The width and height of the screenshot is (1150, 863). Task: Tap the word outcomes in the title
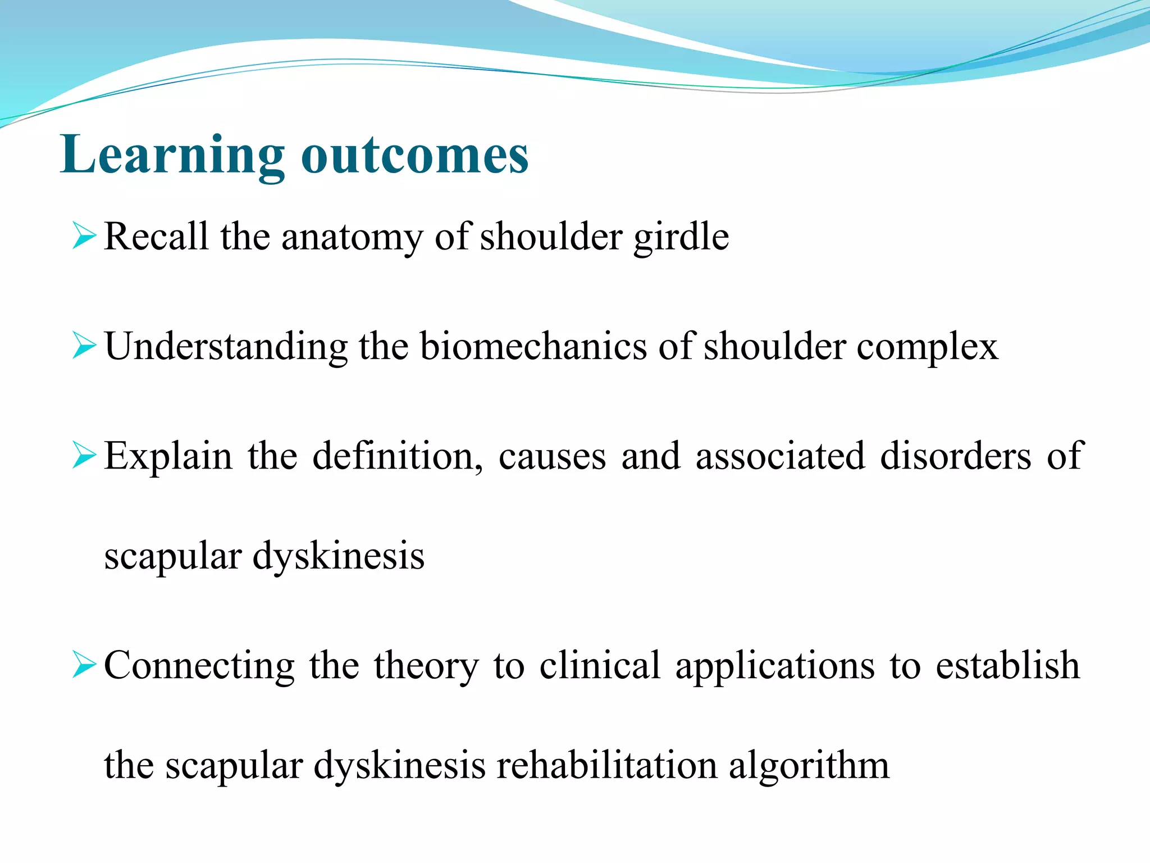click(x=415, y=156)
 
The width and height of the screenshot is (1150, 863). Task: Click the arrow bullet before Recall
click(x=85, y=236)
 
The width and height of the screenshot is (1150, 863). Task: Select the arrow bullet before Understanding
click(x=85, y=346)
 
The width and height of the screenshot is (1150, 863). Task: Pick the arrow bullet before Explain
click(x=85, y=455)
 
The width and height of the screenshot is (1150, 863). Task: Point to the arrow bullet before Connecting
click(x=85, y=665)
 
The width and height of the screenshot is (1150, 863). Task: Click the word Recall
click(x=156, y=237)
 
